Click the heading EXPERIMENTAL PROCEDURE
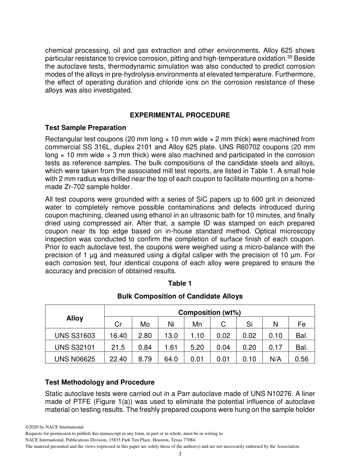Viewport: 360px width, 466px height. click(180, 115)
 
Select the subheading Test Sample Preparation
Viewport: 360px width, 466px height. click(86, 127)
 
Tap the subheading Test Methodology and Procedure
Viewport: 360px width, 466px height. click(100, 382)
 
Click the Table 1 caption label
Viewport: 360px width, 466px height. click(180, 283)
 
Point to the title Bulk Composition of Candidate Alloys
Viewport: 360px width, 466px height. click(180, 296)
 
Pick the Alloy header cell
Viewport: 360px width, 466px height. click(75, 318)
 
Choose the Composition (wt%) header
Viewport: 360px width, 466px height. click(210, 312)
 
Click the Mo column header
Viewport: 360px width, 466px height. click(145, 324)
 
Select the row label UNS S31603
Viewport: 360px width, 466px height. click(75, 335)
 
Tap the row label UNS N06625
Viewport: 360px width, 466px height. click(75, 359)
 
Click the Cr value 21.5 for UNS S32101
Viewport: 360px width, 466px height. click(118, 347)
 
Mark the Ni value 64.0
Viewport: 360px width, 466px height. click(171, 359)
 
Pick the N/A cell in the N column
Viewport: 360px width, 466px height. click(275, 359)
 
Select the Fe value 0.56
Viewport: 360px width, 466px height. click(302, 359)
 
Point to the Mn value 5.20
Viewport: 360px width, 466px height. click(197, 347)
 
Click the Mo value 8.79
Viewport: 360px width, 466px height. click(145, 359)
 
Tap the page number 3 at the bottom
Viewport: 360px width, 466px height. click(180, 454)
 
